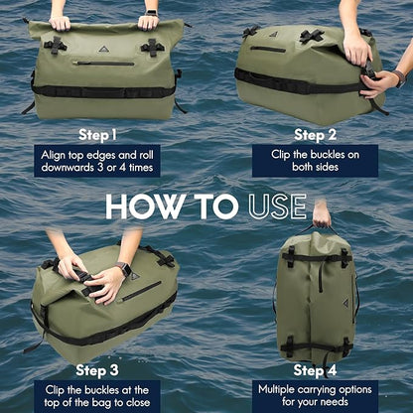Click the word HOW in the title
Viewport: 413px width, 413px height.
pos(146,206)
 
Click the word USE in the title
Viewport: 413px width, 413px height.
pos(269,206)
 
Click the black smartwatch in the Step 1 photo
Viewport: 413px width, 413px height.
pos(149,14)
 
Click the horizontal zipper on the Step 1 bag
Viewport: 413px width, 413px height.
pos(104,63)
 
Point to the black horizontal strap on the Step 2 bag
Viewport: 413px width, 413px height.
pos(298,78)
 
